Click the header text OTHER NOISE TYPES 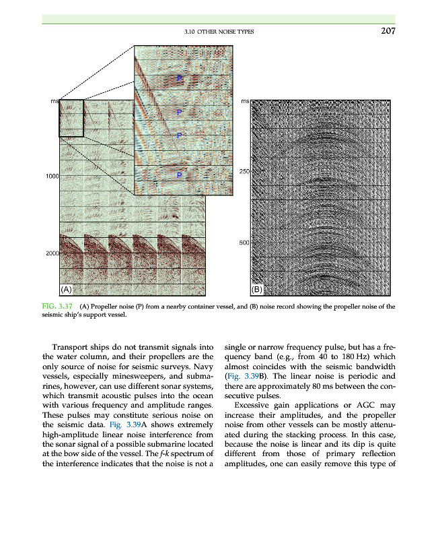pos(227,32)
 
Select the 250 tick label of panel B pos(244,172)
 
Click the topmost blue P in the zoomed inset pos(180,79)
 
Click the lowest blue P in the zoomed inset pos(180,175)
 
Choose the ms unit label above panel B pos(245,101)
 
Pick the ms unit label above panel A pos(54,101)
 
